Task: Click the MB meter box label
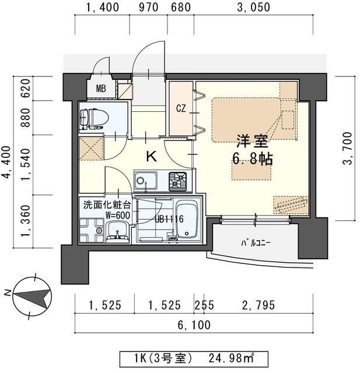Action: coord(101,89)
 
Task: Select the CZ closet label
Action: coord(181,108)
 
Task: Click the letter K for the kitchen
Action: coord(152,157)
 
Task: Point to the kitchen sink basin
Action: coord(146,181)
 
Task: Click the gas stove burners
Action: coord(177,181)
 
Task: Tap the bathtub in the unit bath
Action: coord(188,220)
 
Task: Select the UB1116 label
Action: coord(169,219)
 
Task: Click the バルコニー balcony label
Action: coord(256,243)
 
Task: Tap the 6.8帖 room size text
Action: coord(252,159)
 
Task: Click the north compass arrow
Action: coord(32,296)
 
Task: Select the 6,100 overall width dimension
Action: coord(194,325)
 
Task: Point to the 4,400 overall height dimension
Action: coord(6,162)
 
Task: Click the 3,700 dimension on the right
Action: coord(347,148)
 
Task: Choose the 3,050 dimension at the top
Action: coord(254,8)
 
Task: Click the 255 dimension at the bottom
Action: coord(204,305)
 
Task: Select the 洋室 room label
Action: coord(252,141)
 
